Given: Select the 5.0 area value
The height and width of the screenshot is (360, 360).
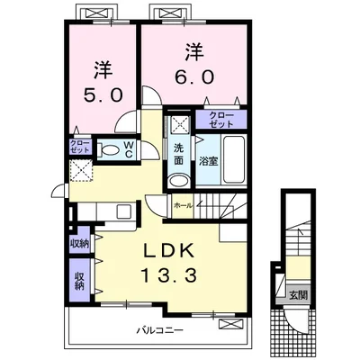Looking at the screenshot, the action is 103,95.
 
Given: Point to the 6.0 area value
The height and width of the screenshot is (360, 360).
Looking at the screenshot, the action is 194,76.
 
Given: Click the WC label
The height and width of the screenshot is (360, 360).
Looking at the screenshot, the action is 129,149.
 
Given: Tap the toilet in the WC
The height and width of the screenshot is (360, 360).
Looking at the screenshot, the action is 109,149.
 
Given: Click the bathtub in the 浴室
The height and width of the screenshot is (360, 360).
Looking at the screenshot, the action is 234,160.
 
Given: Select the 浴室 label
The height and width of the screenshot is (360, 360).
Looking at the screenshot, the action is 209,161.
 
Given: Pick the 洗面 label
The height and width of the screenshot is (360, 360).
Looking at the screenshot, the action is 179,154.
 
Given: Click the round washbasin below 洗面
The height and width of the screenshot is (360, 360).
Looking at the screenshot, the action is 179,181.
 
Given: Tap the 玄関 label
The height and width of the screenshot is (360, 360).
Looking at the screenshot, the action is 299,295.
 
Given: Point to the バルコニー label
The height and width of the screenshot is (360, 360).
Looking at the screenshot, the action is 160,331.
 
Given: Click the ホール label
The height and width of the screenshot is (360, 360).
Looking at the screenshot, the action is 183,205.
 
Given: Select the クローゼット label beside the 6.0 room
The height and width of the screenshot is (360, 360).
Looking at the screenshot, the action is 221,120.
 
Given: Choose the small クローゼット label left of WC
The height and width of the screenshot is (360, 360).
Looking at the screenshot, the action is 80,147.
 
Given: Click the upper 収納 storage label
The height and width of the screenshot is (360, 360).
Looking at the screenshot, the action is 80,244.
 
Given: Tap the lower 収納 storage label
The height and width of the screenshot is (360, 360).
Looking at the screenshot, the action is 79,281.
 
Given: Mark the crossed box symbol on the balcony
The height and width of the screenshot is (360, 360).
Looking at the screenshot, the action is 230,324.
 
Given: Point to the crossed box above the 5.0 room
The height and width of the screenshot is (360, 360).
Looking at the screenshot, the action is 96,13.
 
